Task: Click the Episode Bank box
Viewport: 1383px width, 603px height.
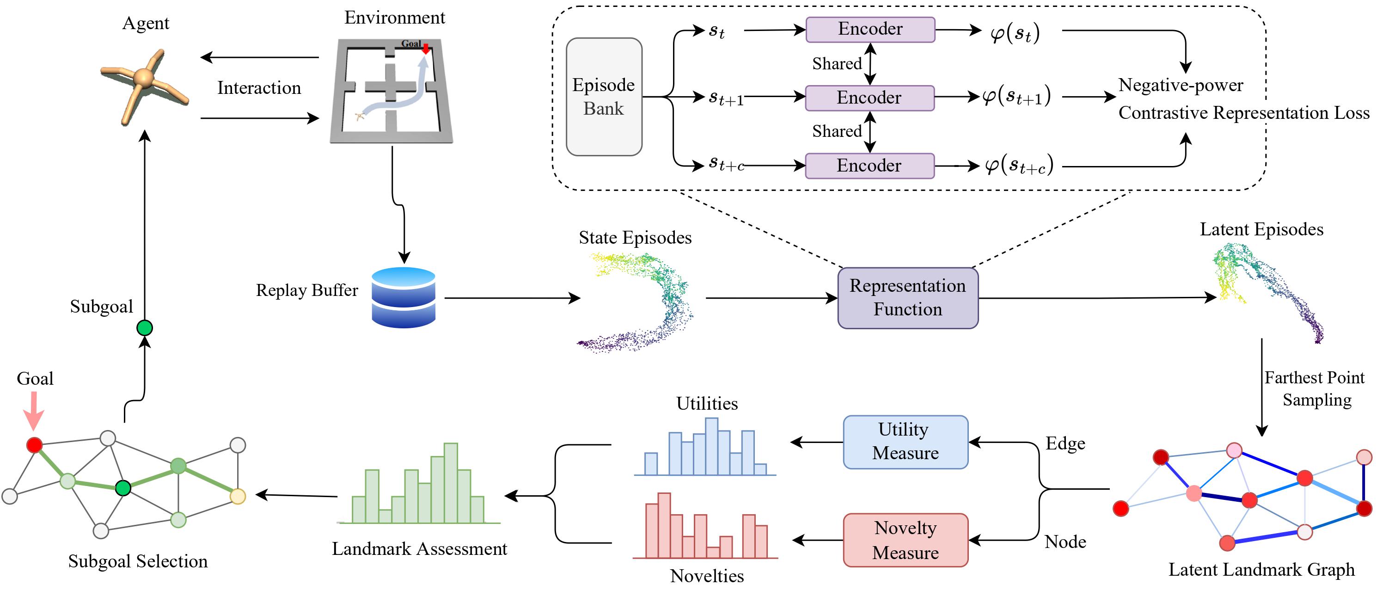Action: tap(604, 97)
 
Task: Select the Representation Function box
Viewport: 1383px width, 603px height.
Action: tap(908, 298)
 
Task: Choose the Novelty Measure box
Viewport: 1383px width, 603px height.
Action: tap(905, 540)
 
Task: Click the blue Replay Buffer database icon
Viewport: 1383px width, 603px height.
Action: tap(403, 297)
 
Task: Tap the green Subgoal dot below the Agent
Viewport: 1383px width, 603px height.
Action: tap(144, 327)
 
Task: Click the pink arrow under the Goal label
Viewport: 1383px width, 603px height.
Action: tap(34, 410)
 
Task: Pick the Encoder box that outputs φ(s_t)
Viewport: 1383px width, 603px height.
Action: tap(870, 29)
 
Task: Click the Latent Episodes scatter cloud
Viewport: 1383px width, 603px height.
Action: tap(1267, 290)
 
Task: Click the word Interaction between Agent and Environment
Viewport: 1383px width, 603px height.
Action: tap(259, 87)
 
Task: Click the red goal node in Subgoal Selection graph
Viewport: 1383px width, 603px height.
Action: tap(34, 444)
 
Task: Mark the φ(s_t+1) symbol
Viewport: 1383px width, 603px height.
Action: tap(1016, 97)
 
